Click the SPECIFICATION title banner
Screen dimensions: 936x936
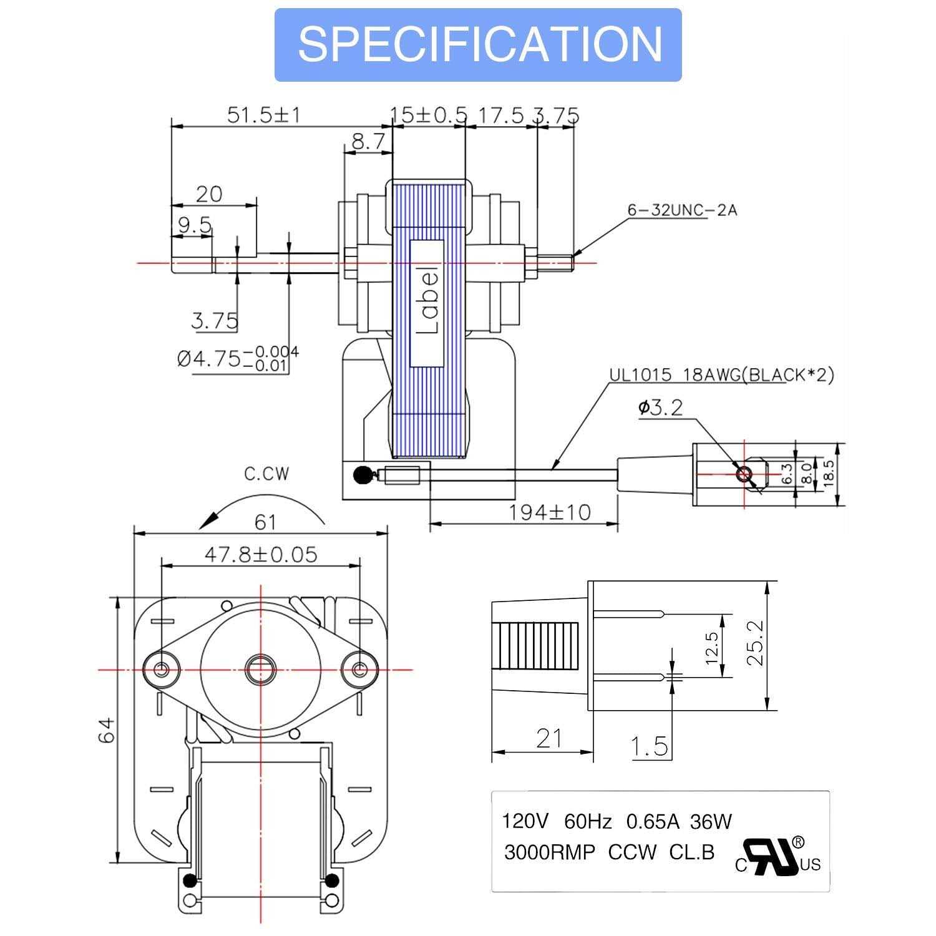click(478, 45)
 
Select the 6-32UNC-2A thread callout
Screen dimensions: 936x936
click(682, 211)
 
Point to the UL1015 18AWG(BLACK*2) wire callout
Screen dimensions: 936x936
click(721, 375)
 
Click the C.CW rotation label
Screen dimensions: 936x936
click(266, 474)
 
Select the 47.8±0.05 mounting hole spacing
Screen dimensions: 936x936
click(261, 553)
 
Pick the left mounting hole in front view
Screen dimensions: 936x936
click(161, 669)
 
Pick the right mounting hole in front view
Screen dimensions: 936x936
click(359, 669)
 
